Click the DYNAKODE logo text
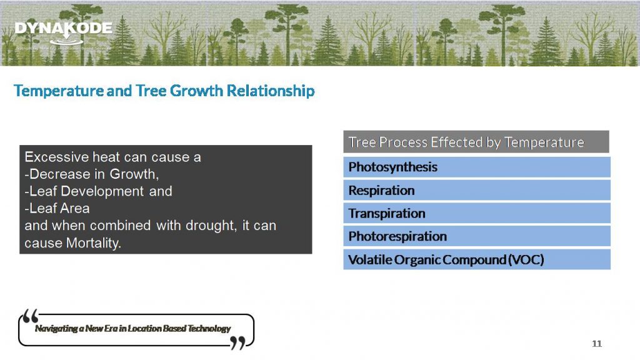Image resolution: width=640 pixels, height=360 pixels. point(63,29)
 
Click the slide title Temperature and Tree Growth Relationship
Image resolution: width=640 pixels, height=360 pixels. point(164,91)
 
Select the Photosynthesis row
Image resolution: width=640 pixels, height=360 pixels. point(476,167)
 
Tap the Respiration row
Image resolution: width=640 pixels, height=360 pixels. point(476,190)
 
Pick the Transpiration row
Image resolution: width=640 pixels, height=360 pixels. point(476,213)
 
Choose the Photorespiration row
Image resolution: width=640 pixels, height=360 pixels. point(476,236)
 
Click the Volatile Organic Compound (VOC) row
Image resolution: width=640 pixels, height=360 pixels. point(476,259)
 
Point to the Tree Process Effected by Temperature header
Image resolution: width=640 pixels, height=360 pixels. point(476,142)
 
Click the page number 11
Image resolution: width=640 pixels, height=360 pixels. point(596,344)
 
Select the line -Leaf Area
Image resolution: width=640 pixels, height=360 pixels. point(57,208)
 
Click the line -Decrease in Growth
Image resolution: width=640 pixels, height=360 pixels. point(88,174)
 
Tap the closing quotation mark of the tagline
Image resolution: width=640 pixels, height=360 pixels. point(237,342)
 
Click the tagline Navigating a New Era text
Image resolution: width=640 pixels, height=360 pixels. point(132,329)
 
